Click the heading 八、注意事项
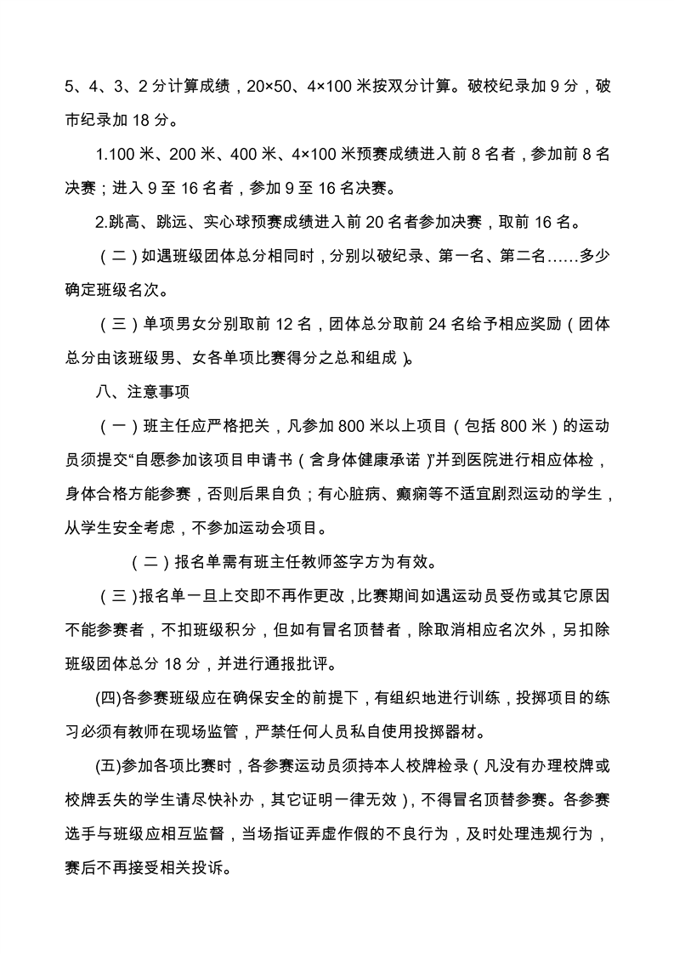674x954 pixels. tap(141, 392)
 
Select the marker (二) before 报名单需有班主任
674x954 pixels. tap(151, 562)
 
